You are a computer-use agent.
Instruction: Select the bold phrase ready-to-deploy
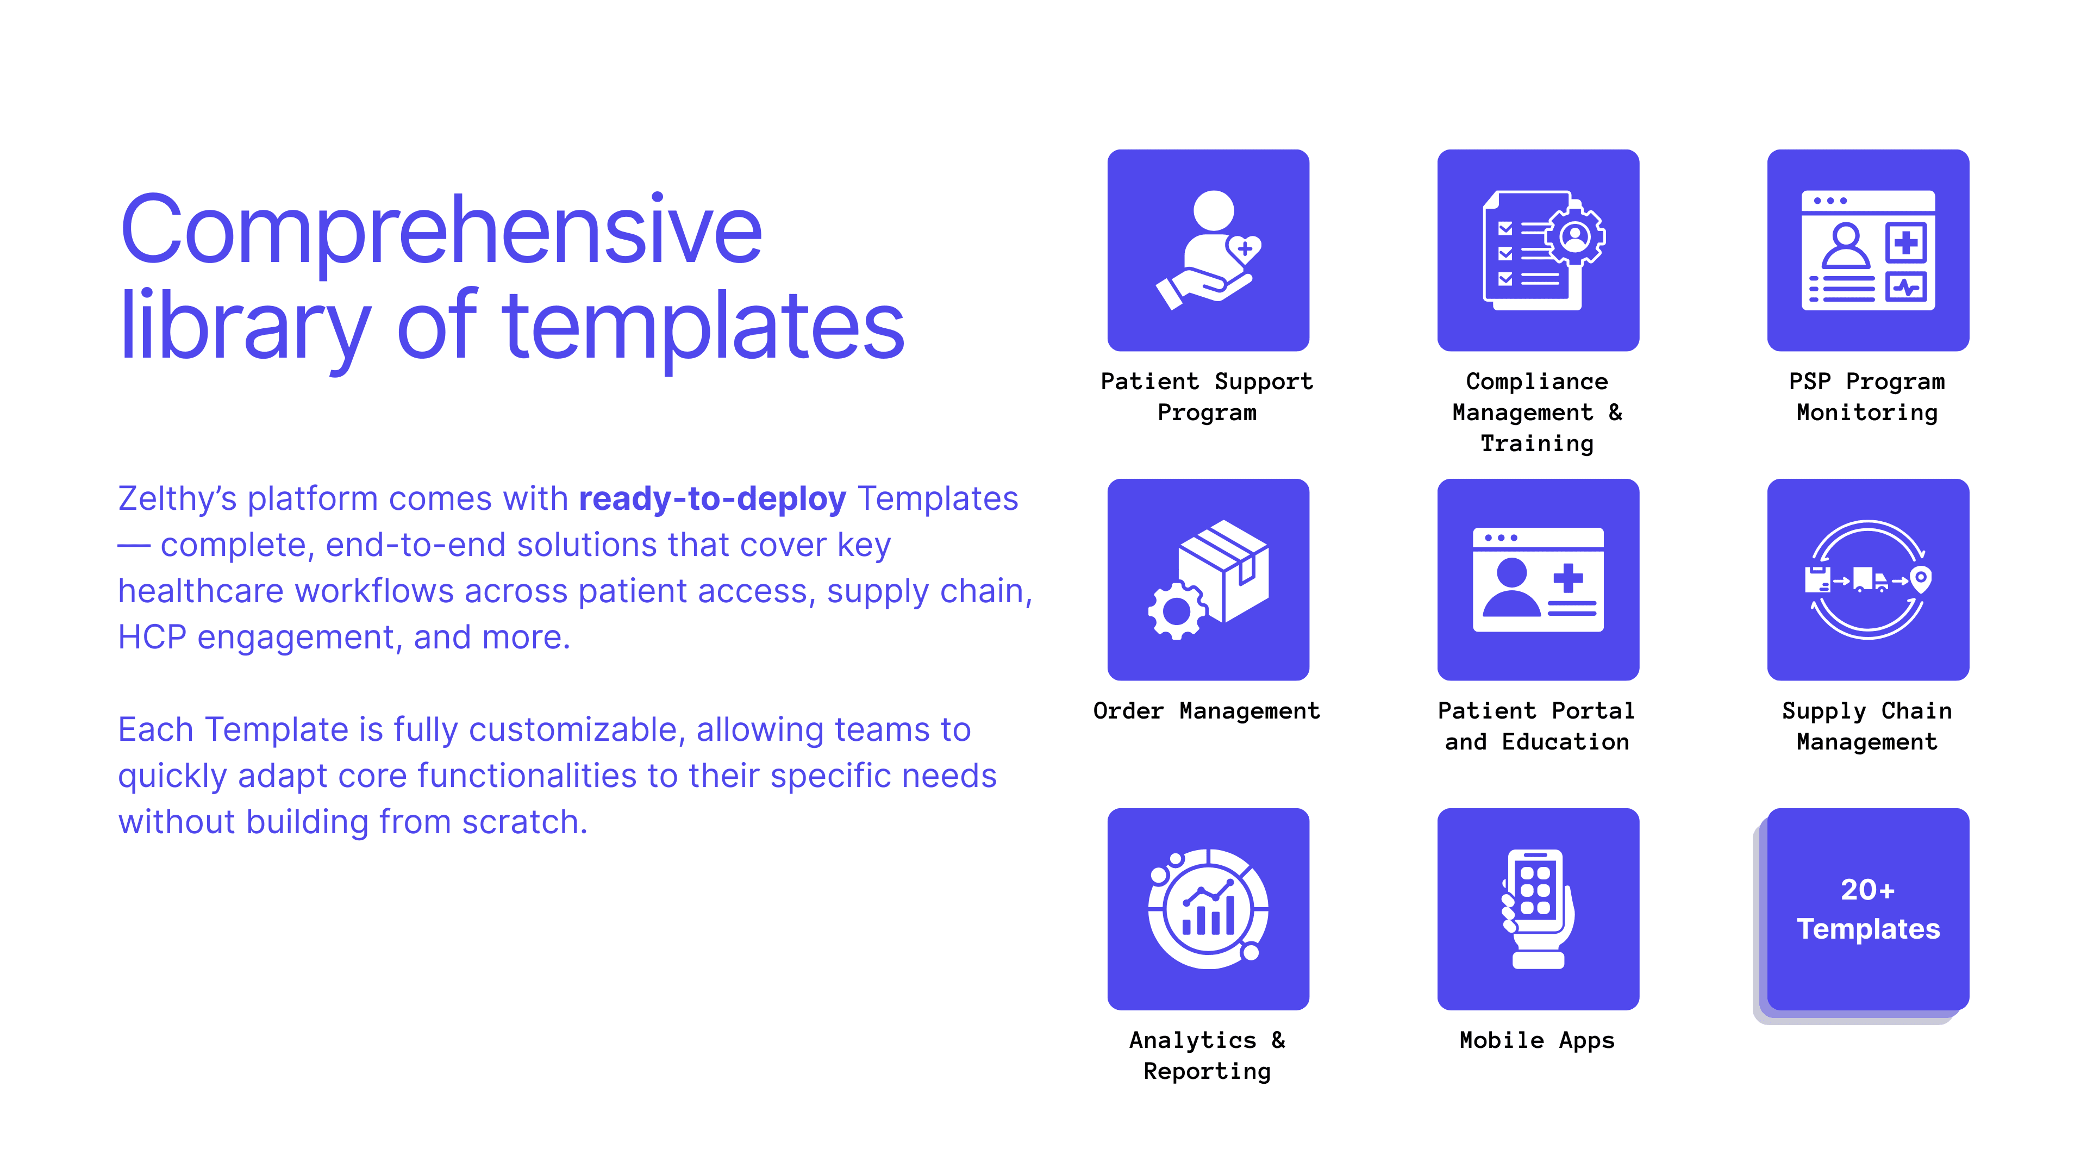coord(712,498)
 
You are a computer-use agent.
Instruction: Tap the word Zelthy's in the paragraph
coord(177,499)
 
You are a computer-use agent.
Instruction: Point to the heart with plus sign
coord(1245,248)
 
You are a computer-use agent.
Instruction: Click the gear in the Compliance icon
coord(1575,236)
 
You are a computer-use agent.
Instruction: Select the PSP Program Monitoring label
coord(1867,397)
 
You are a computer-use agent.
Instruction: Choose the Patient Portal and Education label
coord(1537,726)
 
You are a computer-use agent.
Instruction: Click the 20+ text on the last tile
coord(1867,890)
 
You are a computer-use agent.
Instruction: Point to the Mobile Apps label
coord(1537,1040)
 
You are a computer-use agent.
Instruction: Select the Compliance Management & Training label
coord(1537,413)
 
